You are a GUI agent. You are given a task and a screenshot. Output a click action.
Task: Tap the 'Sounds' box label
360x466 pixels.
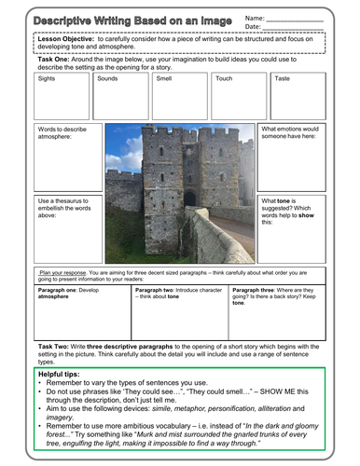coord(107,79)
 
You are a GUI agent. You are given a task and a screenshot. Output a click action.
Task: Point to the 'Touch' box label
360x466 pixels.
coord(224,79)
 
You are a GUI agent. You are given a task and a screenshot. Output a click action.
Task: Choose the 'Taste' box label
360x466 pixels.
coord(282,79)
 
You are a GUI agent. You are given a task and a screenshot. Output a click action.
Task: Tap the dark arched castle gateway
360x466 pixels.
coord(189,199)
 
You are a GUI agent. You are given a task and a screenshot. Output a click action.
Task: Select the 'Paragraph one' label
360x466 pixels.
coord(59,291)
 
